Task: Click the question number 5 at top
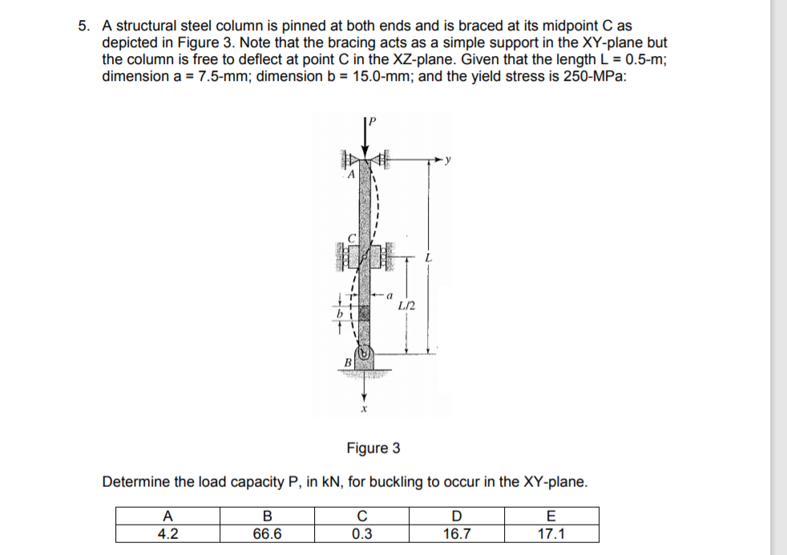tap(83, 26)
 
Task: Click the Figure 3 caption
tap(373, 448)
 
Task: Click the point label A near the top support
tap(349, 175)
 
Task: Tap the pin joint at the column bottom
tap(364, 352)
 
